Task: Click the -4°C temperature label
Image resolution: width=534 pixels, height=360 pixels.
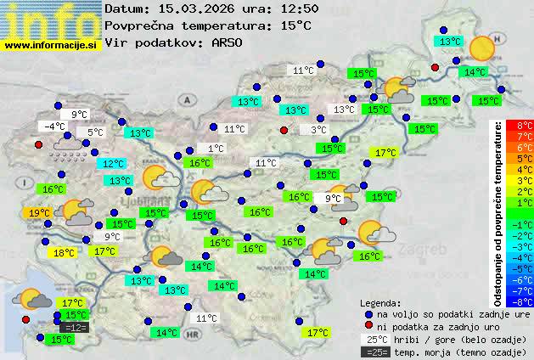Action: [55, 127]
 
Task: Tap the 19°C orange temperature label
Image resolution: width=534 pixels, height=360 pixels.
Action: [39, 213]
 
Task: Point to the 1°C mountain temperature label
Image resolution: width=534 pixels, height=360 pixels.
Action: [216, 149]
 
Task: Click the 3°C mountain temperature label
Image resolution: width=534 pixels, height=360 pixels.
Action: [318, 130]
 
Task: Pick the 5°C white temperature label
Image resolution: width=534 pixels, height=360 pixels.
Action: [94, 132]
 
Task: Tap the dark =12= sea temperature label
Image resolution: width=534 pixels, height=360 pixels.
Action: [75, 327]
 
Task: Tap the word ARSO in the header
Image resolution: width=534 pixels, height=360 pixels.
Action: [228, 42]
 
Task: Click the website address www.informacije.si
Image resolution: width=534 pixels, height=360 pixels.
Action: [51, 44]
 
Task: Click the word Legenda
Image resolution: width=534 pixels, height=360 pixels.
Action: [380, 302]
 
